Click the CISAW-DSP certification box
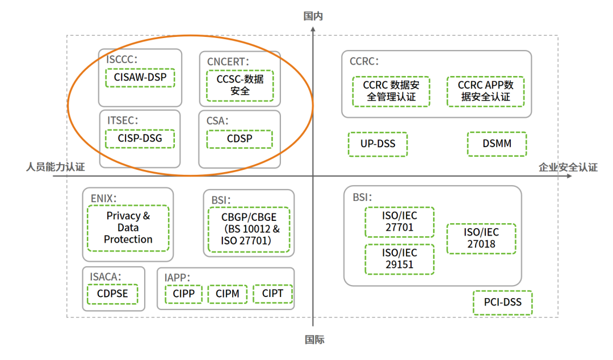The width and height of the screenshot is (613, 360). [140, 77]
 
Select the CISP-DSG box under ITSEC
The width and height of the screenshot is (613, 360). [140, 139]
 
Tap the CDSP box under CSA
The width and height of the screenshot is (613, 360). [240, 139]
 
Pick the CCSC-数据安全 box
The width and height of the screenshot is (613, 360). [240, 85]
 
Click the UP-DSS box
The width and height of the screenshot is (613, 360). [377, 144]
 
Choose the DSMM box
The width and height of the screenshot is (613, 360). [497, 144]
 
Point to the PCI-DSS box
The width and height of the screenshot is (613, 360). [502, 303]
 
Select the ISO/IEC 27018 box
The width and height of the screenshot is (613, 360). [481, 238]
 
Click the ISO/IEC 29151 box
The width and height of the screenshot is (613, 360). [398, 258]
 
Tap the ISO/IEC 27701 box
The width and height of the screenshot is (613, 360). [398, 222]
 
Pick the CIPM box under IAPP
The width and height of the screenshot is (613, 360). [227, 294]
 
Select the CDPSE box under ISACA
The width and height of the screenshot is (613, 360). [112, 294]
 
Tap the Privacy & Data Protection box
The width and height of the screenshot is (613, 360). [128, 228]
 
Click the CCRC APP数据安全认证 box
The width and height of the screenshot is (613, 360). [485, 91]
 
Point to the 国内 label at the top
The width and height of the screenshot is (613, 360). [313, 16]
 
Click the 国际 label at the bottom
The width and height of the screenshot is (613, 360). [314, 340]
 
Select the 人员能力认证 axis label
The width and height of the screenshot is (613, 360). [55, 167]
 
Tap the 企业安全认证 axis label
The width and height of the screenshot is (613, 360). [568, 167]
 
